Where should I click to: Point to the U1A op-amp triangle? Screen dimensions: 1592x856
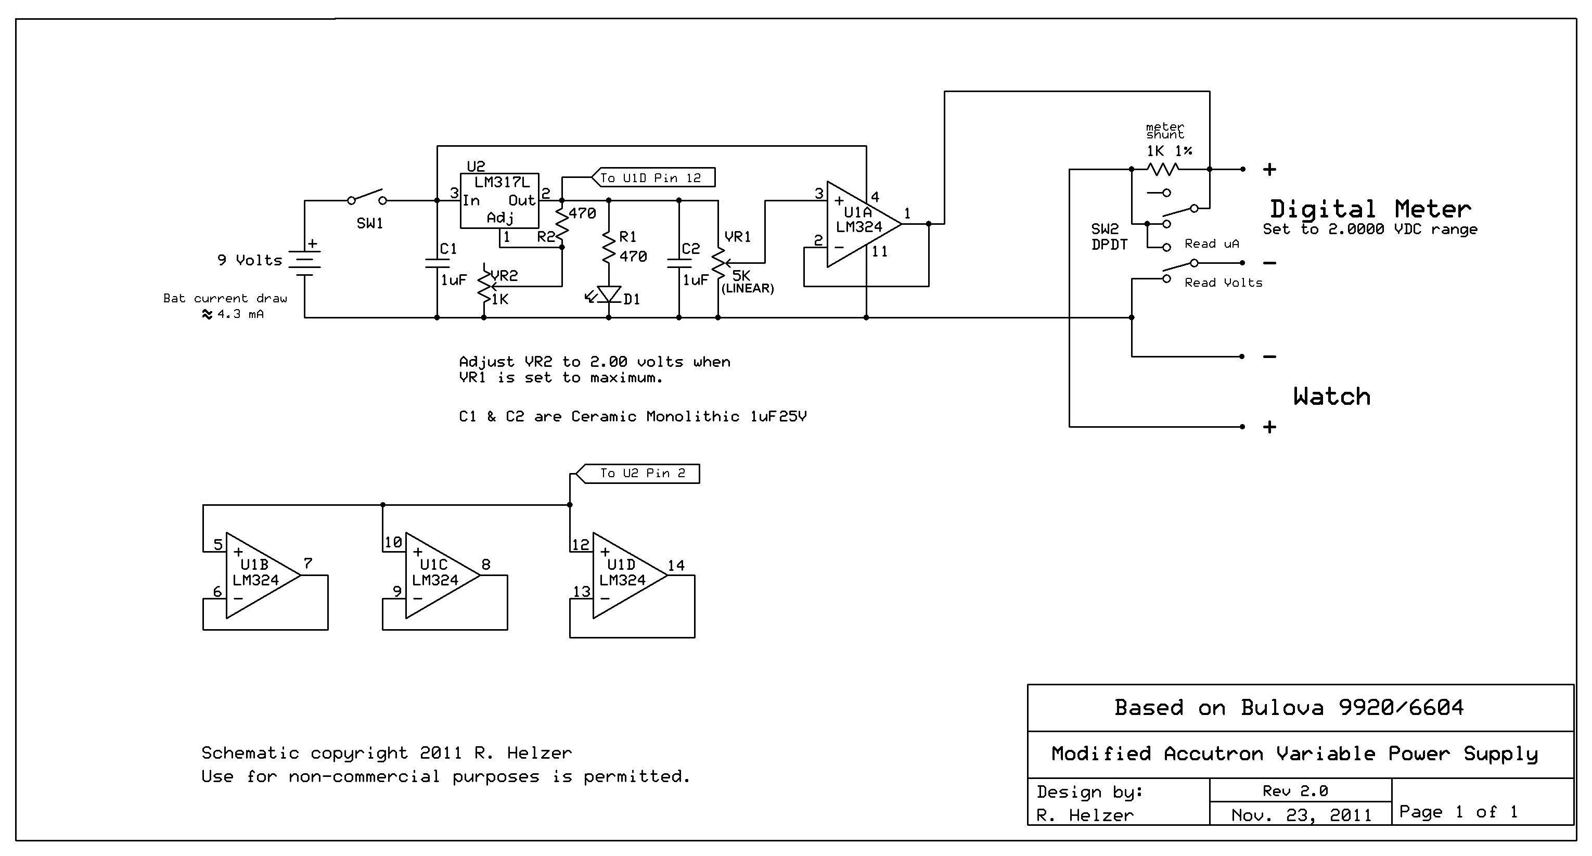click(x=863, y=224)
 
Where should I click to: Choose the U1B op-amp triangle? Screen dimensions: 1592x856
click(x=263, y=576)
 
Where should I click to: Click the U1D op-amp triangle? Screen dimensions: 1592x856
click(x=630, y=576)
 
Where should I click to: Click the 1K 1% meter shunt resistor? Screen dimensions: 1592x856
click(x=1163, y=169)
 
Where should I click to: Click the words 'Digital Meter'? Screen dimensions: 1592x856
click(x=1370, y=209)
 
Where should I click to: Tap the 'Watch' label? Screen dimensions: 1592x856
click(x=1332, y=396)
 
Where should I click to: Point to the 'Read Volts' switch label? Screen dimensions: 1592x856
click(x=1223, y=283)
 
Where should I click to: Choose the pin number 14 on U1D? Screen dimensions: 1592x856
click(x=676, y=566)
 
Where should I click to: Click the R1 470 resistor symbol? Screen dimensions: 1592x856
click(x=609, y=247)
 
